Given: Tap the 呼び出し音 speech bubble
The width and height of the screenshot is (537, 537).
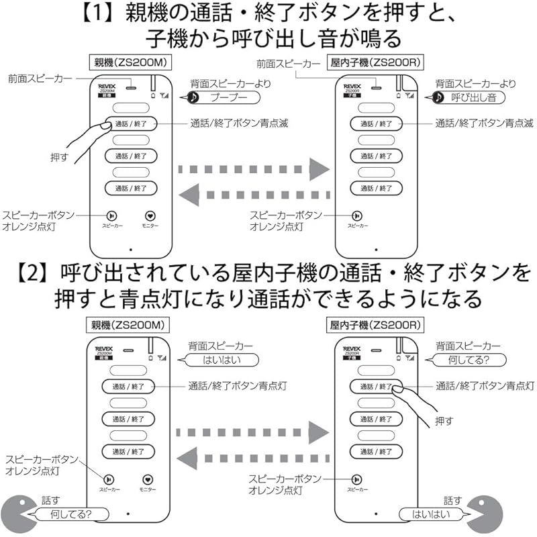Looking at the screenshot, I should [473, 97].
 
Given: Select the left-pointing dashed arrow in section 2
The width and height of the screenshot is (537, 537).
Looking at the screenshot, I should [255, 458].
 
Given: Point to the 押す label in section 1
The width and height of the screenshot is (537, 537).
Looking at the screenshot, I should [59, 156].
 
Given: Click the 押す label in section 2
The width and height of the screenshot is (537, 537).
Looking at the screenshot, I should [444, 420].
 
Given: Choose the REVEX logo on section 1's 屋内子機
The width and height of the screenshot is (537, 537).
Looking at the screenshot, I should [352, 87].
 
